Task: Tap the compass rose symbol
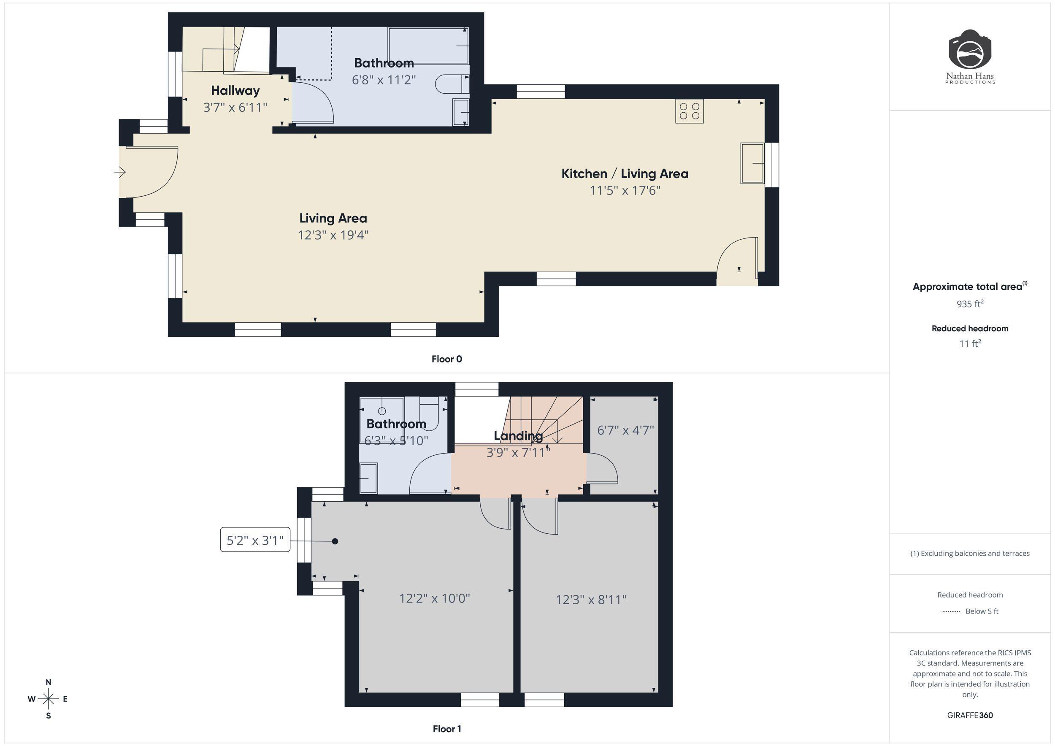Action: [x=48, y=699]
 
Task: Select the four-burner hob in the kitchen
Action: [x=689, y=111]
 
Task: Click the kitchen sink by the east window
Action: [x=752, y=163]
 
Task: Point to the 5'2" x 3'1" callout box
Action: [x=255, y=540]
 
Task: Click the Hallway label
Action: [x=235, y=90]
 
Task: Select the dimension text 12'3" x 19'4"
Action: [x=333, y=235]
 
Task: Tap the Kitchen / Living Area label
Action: [x=625, y=174]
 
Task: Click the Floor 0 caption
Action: [x=446, y=359]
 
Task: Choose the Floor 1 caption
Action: [x=446, y=729]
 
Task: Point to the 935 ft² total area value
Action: [x=969, y=304]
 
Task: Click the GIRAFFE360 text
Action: [x=969, y=715]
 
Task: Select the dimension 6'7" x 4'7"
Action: [x=625, y=430]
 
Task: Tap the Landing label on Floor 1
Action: [x=518, y=435]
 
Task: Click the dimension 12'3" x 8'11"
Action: [x=591, y=600]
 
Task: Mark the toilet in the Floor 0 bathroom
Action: [x=450, y=84]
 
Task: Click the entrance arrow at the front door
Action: [x=120, y=172]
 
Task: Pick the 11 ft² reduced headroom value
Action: [x=969, y=343]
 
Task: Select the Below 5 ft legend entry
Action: [x=982, y=611]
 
